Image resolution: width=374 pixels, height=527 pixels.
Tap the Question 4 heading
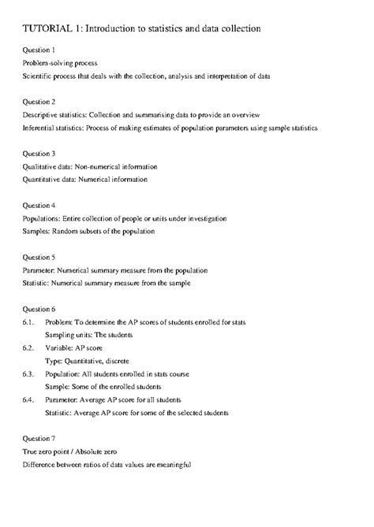(39, 206)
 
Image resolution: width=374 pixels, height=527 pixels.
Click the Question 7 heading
(39, 437)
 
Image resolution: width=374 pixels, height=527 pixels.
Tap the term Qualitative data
(47, 167)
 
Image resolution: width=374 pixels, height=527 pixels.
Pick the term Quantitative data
(50, 180)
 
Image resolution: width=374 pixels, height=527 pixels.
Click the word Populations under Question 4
(41, 219)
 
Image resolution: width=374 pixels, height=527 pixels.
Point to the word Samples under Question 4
(36, 232)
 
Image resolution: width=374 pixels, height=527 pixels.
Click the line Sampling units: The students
(88, 335)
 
